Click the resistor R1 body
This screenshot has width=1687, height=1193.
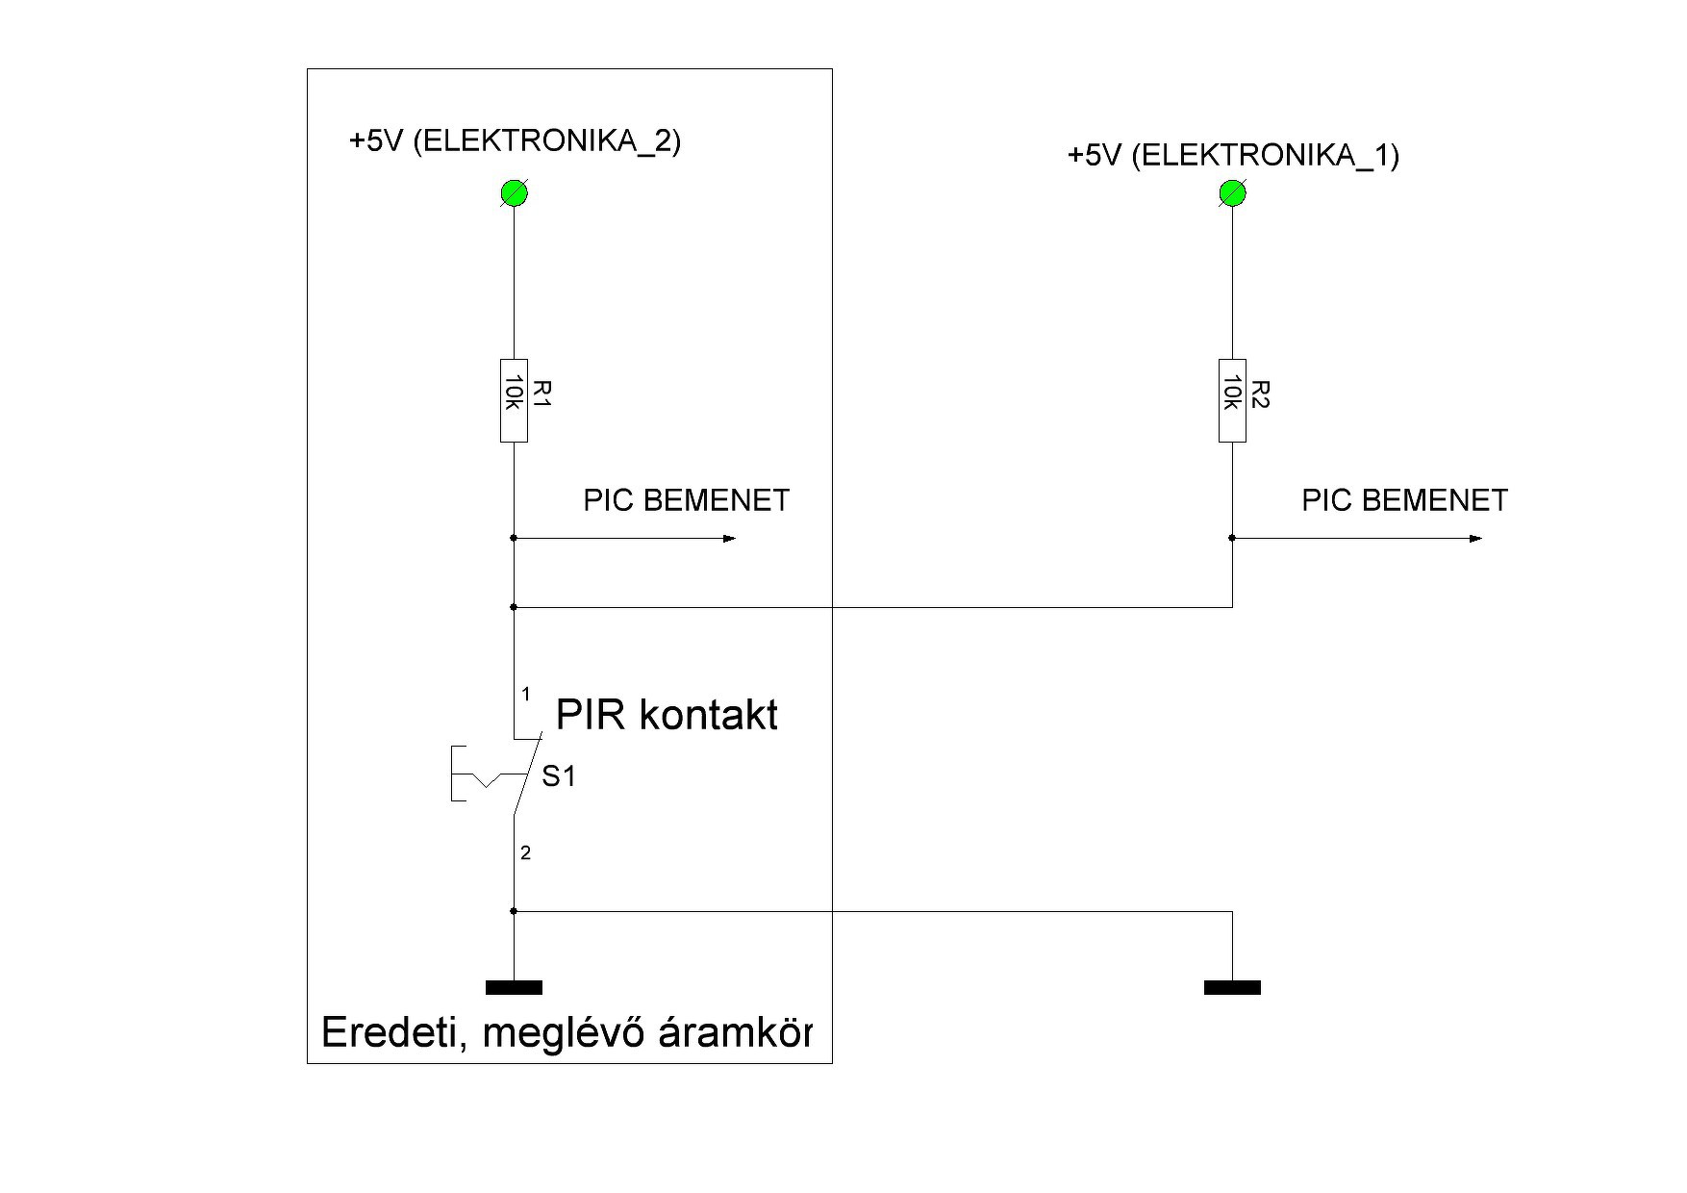click(x=514, y=400)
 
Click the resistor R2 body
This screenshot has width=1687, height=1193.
click(x=1232, y=400)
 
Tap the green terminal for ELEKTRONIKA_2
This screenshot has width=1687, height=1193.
click(x=514, y=193)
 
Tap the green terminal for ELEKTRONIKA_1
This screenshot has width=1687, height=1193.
click(x=1232, y=193)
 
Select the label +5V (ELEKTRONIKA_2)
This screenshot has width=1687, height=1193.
click(x=515, y=141)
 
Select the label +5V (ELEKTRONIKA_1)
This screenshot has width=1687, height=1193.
click(x=1233, y=155)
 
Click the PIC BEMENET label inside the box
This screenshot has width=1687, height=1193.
click(x=686, y=500)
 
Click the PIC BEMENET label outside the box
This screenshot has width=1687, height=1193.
click(x=1404, y=500)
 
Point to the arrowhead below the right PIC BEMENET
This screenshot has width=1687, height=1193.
click(x=1476, y=539)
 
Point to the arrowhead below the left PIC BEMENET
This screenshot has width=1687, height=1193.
click(x=729, y=539)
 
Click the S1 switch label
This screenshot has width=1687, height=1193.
click(x=559, y=776)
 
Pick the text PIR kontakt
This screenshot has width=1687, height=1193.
click(x=667, y=716)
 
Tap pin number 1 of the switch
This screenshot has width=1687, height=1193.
click(x=525, y=694)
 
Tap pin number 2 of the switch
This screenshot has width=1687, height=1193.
click(x=525, y=852)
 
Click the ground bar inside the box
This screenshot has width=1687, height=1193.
click(x=514, y=987)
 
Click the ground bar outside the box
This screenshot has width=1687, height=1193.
click(x=1232, y=987)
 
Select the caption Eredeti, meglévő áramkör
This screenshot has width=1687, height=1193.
click(x=567, y=1032)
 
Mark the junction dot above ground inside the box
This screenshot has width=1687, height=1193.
click(x=514, y=911)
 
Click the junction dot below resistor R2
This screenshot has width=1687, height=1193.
click(x=1232, y=539)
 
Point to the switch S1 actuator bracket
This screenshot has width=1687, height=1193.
click(x=460, y=774)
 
